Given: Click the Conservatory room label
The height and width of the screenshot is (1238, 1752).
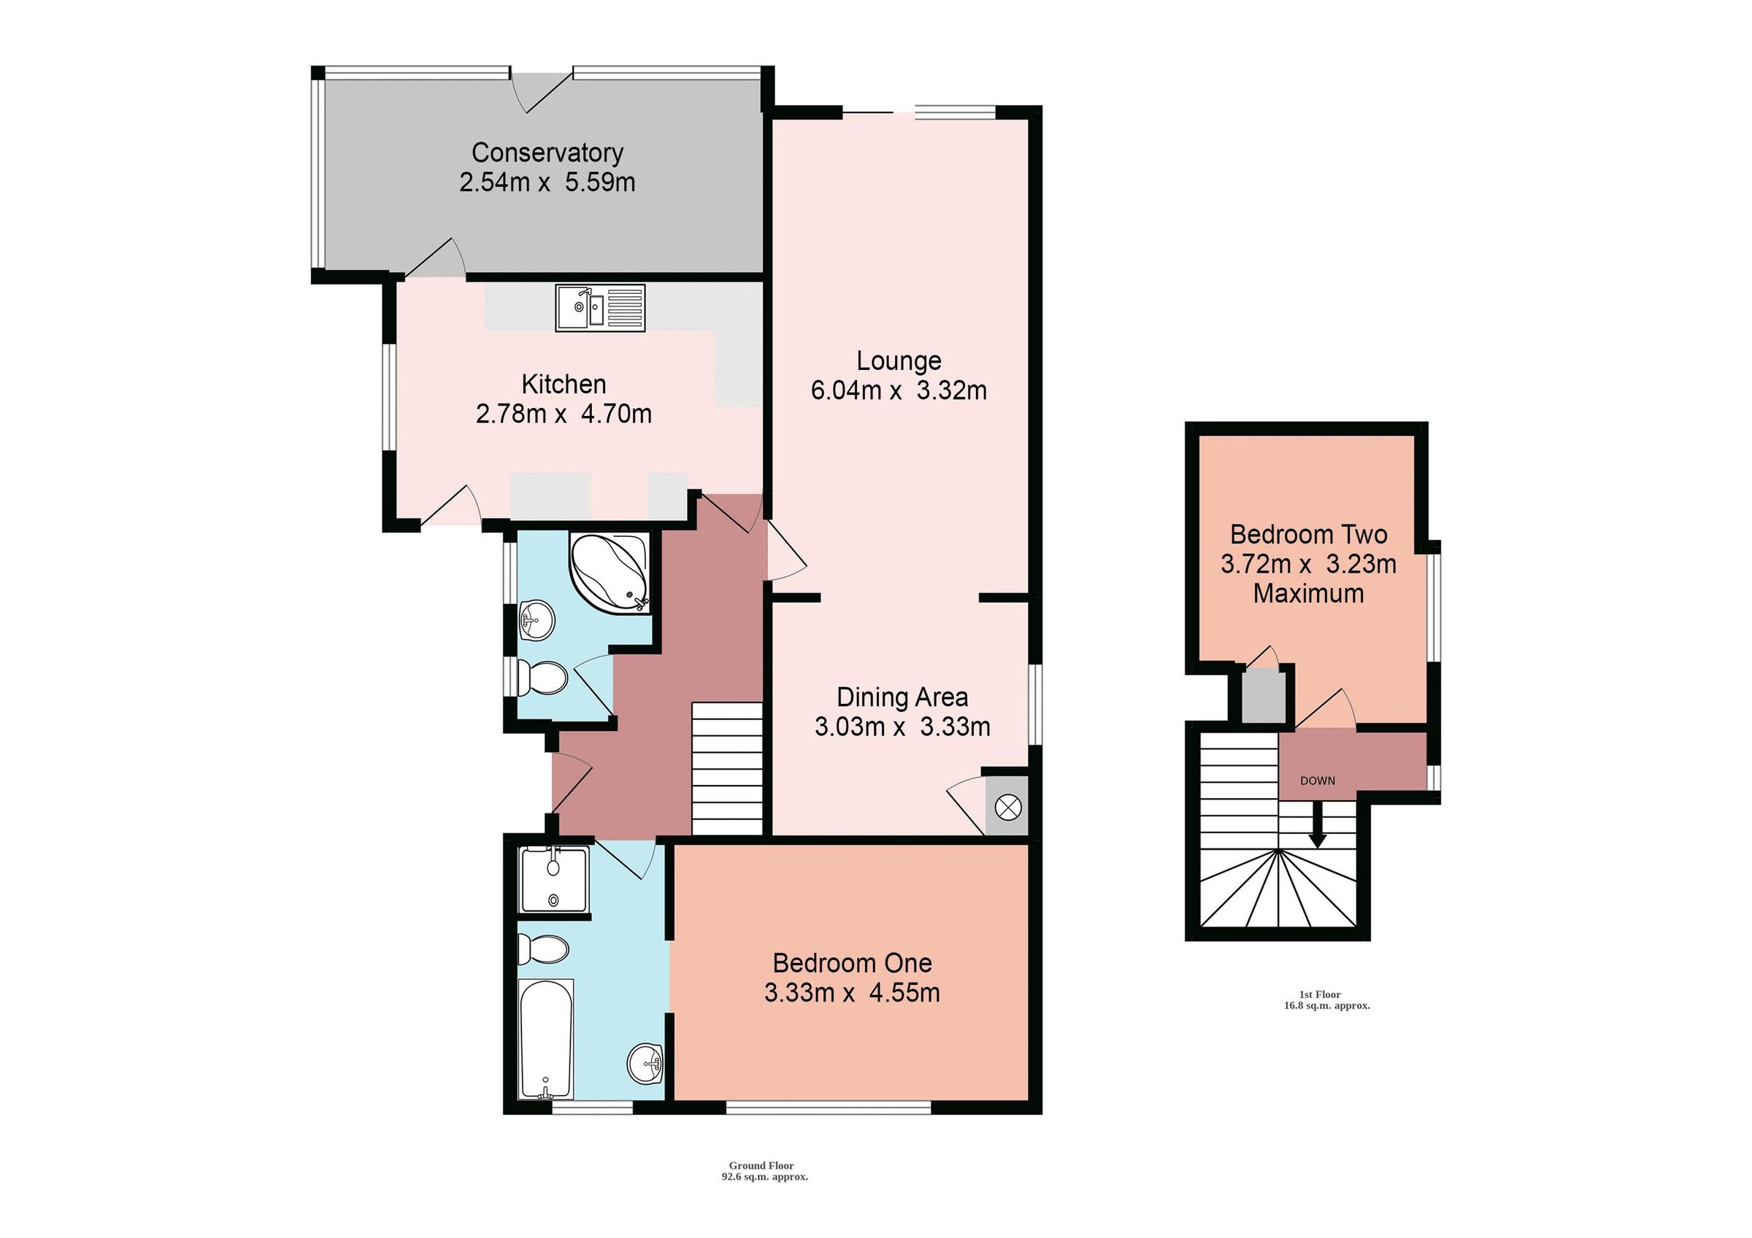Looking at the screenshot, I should coord(547,152).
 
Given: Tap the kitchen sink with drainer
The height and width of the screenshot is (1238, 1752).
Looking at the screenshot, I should coord(600,308).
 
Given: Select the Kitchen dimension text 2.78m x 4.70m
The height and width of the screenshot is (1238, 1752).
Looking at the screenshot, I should coord(563,414).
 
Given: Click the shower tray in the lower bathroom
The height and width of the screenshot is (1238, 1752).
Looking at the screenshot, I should coord(554,881).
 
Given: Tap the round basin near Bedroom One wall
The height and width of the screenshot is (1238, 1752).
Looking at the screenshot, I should coord(645,1063).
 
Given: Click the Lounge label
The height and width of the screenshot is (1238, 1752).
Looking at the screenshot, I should coord(898,361).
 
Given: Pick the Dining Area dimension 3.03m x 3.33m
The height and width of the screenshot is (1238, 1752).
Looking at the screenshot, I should coord(902,727).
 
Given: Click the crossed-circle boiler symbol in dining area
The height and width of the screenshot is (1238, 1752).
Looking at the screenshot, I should coord(1008,807).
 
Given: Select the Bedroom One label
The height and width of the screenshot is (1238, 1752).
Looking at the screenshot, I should coord(852,964).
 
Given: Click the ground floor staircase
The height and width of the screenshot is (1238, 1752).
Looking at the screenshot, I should coord(726,769).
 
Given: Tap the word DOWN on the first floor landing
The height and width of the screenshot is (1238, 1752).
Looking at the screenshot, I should coord(1318,781).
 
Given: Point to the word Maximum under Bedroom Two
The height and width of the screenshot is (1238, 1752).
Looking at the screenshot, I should coord(1308,595).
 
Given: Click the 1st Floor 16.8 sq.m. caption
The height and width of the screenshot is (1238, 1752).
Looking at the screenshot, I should coord(1326,1000).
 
